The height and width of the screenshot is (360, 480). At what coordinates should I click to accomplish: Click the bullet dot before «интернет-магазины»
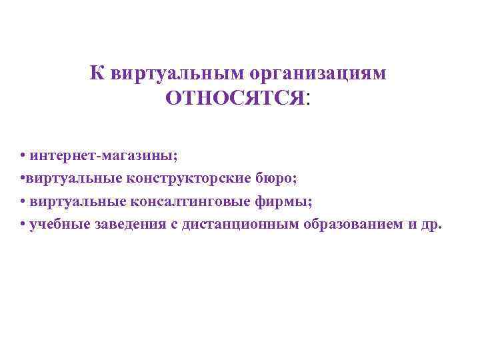click(x=23, y=156)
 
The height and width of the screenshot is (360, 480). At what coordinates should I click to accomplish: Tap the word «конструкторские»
click(x=178, y=178)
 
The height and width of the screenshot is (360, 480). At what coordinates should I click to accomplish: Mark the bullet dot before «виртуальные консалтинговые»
click(x=23, y=201)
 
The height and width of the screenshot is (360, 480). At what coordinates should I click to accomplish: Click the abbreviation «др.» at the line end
click(x=429, y=223)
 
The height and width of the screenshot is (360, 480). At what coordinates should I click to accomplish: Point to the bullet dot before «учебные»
click(x=23, y=224)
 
